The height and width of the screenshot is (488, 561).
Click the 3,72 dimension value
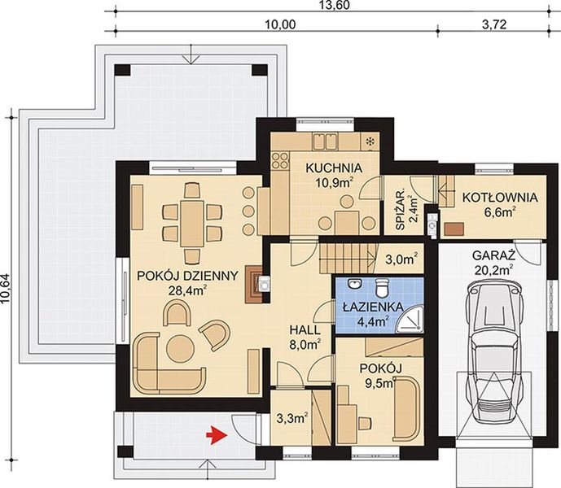pos(494,24)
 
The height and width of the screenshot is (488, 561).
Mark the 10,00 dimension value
pos(278,24)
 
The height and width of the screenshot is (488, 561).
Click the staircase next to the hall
pos(346,258)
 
